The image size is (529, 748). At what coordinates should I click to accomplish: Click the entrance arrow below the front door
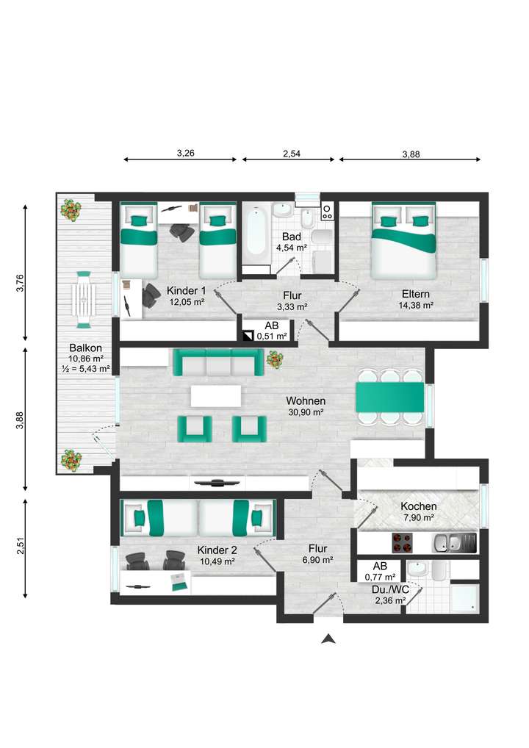(x=328, y=639)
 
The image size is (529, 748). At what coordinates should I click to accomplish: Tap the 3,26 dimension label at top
(x=186, y=154)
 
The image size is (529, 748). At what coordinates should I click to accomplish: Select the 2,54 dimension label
(x=292, y=154)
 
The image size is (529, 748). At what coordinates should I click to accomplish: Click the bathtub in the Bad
(x=256, y=231)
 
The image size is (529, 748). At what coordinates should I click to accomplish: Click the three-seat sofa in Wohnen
(x=217, y=362)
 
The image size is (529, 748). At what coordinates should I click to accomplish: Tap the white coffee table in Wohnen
(x=216, y=396)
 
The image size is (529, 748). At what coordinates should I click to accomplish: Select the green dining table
(x=389, y=398)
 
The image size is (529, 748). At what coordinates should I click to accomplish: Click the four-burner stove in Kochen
(x=400, y=543)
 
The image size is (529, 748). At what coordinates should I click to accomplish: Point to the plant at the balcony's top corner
(x=71, y=210)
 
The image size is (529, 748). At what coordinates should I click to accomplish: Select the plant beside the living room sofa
(x=275, y=360)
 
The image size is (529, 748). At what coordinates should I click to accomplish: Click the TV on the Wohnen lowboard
(x=217, y=483)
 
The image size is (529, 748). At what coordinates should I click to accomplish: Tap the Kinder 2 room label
(x=216, y=550)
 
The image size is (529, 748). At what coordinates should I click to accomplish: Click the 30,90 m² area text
(x=306, y=412)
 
